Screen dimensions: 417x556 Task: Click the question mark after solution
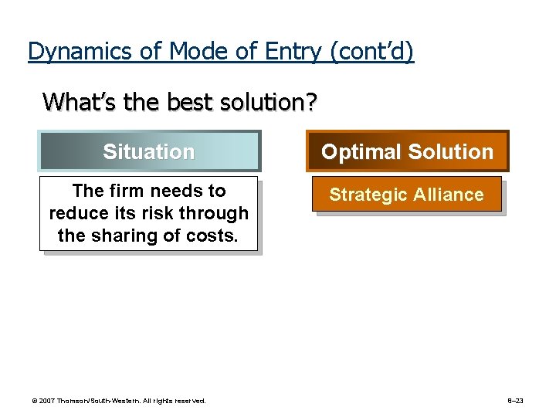[310, 102]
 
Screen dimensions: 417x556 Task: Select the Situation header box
[149, 151]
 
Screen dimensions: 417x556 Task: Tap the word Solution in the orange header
[452, 151]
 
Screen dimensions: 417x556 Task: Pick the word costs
[210, 236]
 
